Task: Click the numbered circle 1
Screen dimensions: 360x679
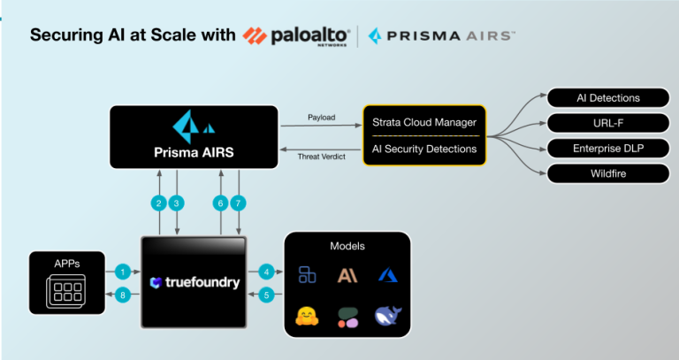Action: (x=123, y=272)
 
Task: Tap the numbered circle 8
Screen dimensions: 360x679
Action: (x=123, y=295)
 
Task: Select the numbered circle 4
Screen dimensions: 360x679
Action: (x=264, y=272)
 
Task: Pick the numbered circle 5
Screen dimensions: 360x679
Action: (x=264, y=295)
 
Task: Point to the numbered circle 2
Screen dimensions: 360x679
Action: (x=159, y=203)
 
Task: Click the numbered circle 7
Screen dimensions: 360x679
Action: (x=237, y=203)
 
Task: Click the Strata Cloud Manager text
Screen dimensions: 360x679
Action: (x=424, y=121)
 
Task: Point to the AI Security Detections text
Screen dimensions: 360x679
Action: (x=424, y=149)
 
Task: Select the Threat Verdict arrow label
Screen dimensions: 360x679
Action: (x=320, y=157)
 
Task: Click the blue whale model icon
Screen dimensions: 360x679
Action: (x=386, y=316)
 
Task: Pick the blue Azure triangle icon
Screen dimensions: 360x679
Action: (x=386, y=275)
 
